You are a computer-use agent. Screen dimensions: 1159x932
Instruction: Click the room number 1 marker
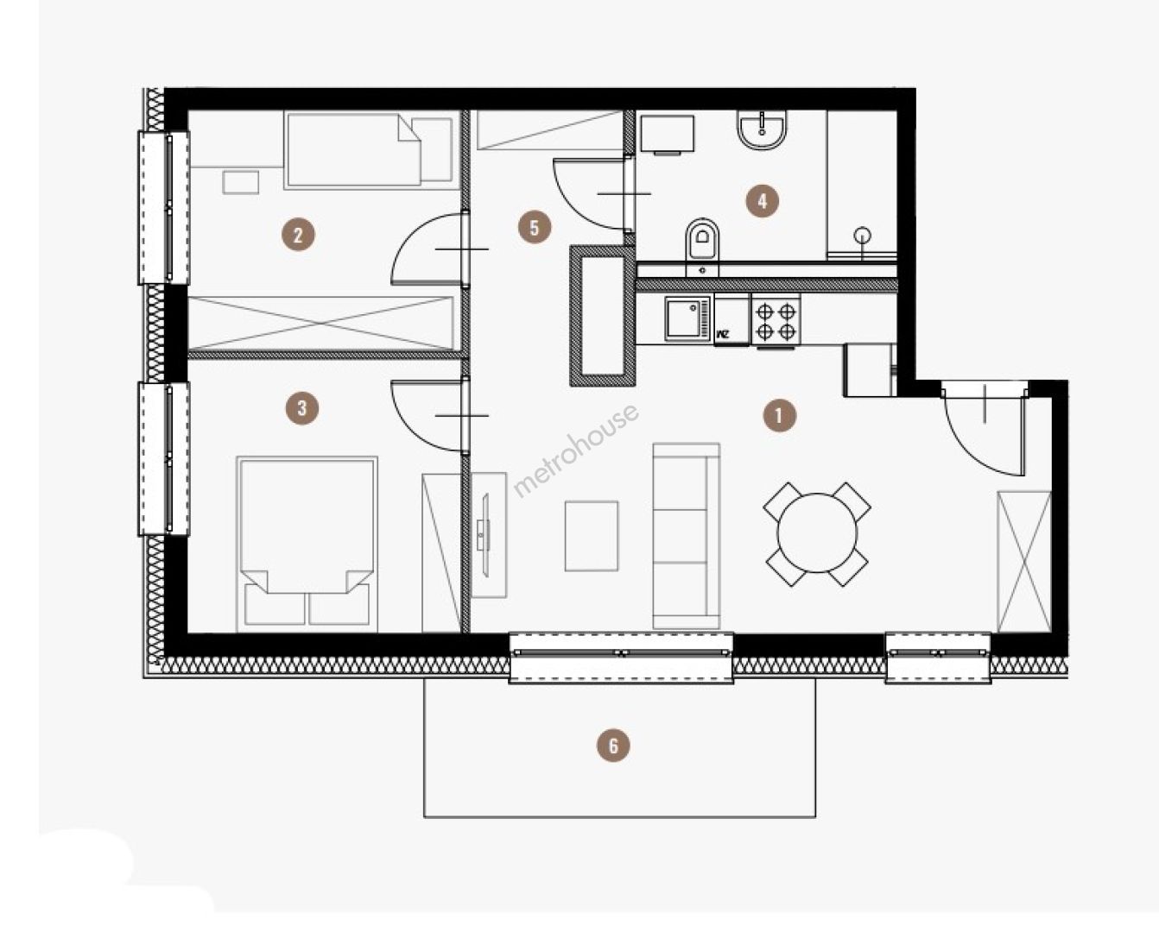pos(779,415)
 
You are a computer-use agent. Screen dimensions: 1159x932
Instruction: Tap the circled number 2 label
pos(298,235)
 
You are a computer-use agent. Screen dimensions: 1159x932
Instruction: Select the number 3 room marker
pos(302,408)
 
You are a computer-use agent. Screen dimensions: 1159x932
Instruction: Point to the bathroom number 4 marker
pos(762,201)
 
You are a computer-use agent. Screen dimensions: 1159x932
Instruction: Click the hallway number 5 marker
pos(535,227)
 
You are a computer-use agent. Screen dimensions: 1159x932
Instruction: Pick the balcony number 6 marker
pos(613,746)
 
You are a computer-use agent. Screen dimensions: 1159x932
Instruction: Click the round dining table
pos(816,532)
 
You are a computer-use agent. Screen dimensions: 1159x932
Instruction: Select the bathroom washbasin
pos(762,129)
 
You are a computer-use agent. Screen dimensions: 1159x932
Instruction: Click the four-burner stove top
pos(776,321)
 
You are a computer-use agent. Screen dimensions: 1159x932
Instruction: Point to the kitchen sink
pos(688,319)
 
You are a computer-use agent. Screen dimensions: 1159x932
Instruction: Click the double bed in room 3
pos(307,544)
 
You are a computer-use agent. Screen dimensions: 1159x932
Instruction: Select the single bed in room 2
pos(369,150)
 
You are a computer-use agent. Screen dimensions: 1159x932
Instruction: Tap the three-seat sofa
pos(686,536)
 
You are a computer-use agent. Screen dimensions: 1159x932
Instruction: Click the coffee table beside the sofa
pos(592,536)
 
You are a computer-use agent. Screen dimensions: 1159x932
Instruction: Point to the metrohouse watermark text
pos(576,450)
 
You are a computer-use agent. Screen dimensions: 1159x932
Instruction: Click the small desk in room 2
pos(241,182)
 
